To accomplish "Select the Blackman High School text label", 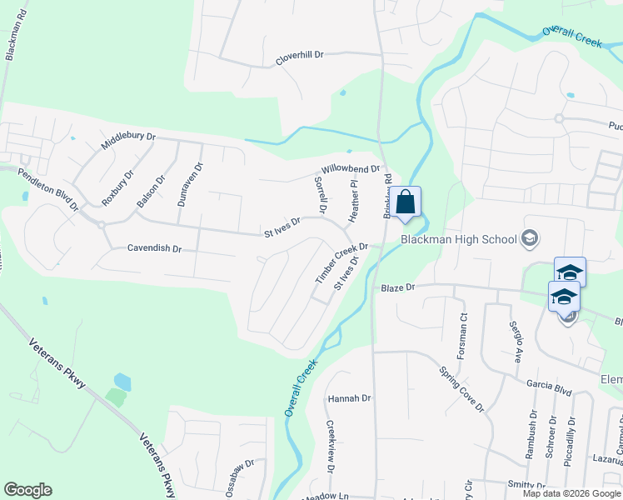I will [x=458, y=240].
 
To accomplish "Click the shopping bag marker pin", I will [x=406, y=203].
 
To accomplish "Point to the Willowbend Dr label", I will [x=351, y=168].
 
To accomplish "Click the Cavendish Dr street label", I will [x=154, y=248].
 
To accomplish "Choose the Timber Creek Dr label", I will [x=341, y=262].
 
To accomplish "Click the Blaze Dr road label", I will [x=397, y=288].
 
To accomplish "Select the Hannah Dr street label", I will [x=348, y=398].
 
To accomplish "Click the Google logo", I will [x=27, y=490].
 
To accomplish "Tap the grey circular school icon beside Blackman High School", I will [x=528, y=240].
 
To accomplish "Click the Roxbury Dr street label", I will [x=117, y=188].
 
